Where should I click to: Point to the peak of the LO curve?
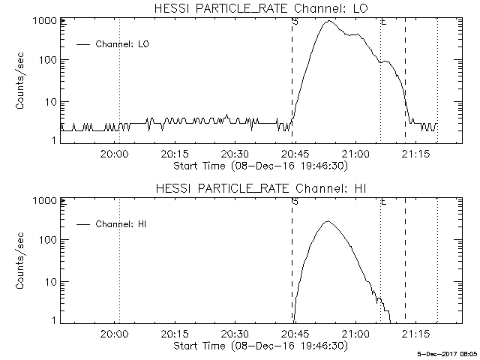tap(328, 22)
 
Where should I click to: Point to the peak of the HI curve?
tap(327, 222)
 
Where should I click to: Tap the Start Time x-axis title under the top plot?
tap(259, 164)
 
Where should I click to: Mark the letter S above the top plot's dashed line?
tap(294, 22)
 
